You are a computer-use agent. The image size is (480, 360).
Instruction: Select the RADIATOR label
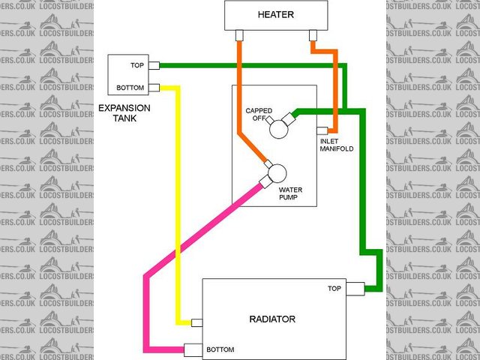tap(271, 319)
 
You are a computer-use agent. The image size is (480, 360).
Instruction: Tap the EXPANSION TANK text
tap(124, 112)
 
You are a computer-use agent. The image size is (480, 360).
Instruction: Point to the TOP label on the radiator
tap(334, 289)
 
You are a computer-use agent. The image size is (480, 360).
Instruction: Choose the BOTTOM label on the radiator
tap(220, 349)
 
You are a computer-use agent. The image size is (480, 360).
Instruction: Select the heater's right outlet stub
tap(314, 35)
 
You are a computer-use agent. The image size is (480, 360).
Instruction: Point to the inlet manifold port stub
tap(321, 131)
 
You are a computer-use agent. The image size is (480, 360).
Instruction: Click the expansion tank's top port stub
tap(153, 66)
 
